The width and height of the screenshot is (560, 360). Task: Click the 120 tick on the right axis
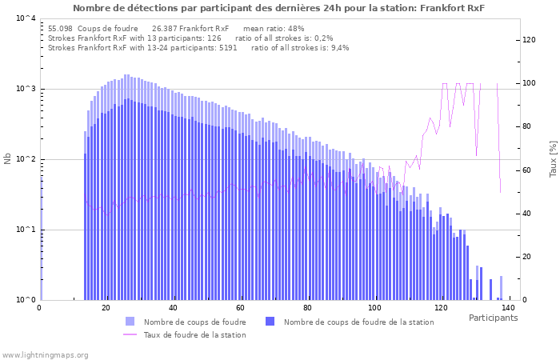[530, 40]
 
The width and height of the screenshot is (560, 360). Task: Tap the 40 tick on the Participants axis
[174, 308]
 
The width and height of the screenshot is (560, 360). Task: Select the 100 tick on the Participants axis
[374, 308]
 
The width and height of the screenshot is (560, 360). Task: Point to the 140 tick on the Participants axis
[508, 308]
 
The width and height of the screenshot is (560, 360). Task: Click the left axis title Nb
[8, 159]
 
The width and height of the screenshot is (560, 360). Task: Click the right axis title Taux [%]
[553, 159]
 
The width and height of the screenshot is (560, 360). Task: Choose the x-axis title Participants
[493, 318]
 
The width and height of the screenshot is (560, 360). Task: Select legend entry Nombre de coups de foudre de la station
[358, 322]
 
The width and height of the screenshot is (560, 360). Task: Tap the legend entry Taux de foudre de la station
[194, 335]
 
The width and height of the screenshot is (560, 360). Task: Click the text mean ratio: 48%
[274, 28]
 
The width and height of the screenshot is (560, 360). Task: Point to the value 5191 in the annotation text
[228, 47]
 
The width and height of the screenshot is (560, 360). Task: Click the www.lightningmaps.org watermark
[46, 354]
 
